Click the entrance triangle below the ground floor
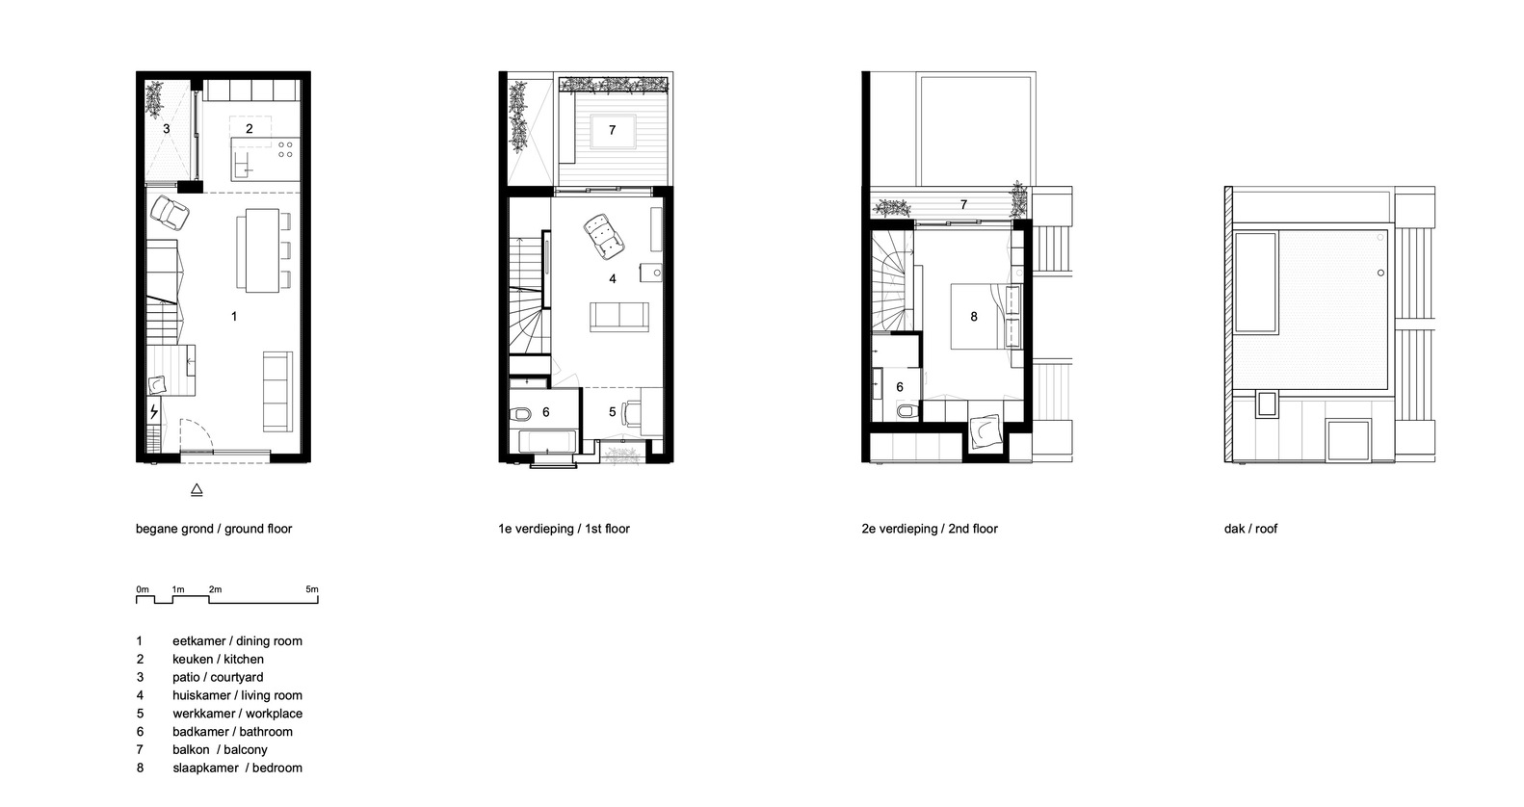coord(197,490)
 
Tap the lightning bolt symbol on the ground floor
coord(154,413)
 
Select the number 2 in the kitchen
coord(249,128)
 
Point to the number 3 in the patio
coord(166,128)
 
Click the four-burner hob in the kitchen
coord(286,149)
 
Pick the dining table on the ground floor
coord(261,250)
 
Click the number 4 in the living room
coord(612,279)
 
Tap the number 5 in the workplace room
coord(612,412)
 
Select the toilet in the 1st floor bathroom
coord(520,414)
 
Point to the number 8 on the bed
coord(974,316)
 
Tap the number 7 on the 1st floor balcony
coord(612,130)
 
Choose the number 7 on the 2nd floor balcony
coord(963,205)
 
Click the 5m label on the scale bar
coord(311,589)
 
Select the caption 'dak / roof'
coord(1250,529)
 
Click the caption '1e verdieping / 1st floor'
coord(564,529)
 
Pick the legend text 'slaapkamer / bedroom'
coord(237,768)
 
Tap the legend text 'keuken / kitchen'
coord(218,659)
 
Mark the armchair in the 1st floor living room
coord(605,236)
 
